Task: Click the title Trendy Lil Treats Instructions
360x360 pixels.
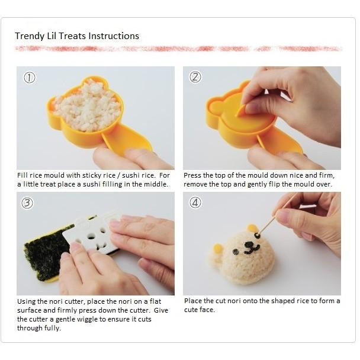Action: coord(77,36)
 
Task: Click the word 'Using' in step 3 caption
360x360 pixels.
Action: coord(27,301)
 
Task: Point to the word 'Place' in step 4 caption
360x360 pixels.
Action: coord(194,301)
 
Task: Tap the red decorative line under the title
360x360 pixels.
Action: coord(178,49)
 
